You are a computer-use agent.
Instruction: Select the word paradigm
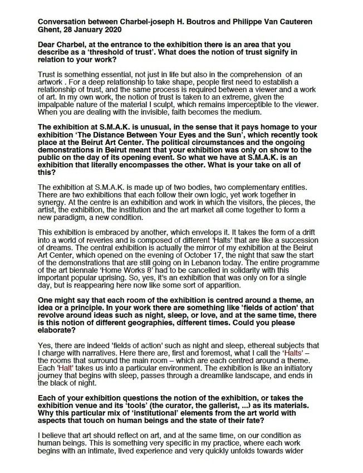pyautogui.click(x=76, y=220)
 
